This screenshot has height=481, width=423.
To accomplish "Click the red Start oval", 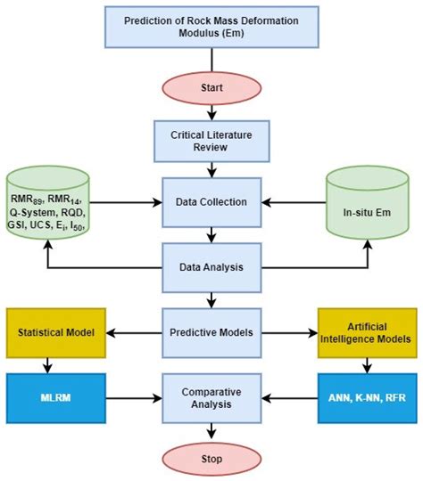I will (x=211, y=88).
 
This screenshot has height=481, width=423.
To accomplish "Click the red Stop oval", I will (x=211, y=459).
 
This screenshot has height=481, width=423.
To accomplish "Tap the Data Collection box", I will (x=211, y=201).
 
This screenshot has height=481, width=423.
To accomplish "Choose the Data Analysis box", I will (x=211, y=266).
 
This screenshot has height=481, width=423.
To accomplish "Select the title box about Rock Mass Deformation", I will (x=211, y=27).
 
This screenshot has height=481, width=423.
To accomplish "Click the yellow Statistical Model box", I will (x=55, y=331).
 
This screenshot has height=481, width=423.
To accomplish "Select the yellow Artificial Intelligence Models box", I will (x=369, y=331).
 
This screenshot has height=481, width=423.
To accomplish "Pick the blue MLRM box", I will (x=55, y=396).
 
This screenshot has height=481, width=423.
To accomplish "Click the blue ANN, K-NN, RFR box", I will (x=369, y=396).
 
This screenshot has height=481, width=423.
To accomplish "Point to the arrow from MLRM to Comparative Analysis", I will (x=134, y=396).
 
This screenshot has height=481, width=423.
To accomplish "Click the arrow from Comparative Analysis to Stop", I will (x=211, y=429).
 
